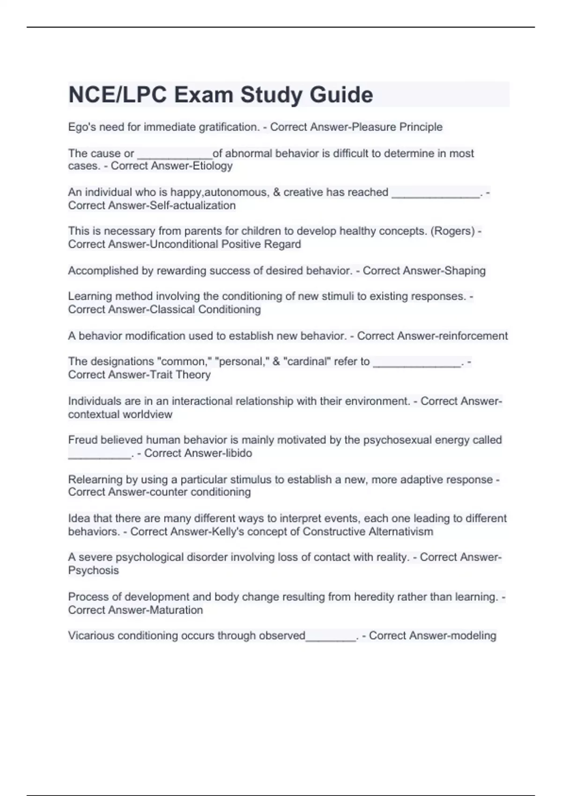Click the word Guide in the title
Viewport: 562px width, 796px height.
tap(341, 95)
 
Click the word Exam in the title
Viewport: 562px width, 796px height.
tap(204, 95)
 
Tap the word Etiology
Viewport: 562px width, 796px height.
tap(213, 166)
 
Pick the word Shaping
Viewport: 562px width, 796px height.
tap(465, 271)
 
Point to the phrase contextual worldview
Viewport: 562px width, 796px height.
tap(120, 414)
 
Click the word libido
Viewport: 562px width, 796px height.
tap(237, 453)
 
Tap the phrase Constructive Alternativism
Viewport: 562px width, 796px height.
tap(368, 531)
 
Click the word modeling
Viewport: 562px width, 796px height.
tap(473, 635)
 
